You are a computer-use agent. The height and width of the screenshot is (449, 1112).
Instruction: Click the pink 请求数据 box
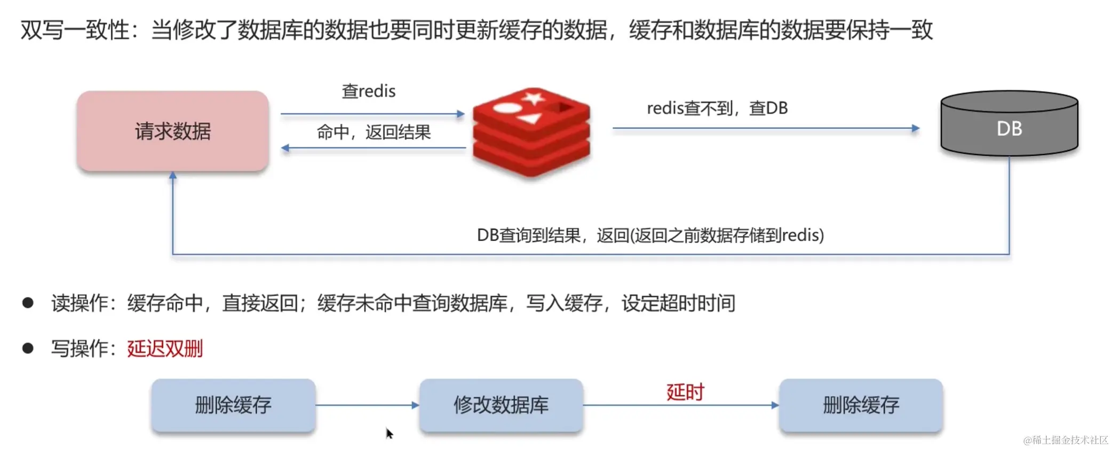click(172, 131)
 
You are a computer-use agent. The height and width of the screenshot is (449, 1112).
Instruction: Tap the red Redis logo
click(531, 131)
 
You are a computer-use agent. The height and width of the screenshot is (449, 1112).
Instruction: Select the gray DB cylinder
click(1009, 125)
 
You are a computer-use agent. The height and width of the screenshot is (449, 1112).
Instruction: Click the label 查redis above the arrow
click(369, 91)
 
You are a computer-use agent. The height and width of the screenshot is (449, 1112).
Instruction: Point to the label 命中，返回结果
click(374, 132)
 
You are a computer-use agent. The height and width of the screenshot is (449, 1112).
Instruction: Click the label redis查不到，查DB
click(717, 108)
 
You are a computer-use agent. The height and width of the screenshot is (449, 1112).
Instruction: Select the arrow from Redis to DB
click(765, 128)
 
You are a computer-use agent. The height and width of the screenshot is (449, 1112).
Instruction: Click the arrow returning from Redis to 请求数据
click(374, 148)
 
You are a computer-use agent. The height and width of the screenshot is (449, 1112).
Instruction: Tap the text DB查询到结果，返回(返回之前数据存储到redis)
click(650, 235)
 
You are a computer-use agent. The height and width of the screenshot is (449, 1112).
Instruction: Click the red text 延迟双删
click(165, 349)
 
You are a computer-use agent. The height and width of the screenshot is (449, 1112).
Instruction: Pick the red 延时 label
click(685, 392)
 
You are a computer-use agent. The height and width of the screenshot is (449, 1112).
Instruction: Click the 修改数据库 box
click(501, 405)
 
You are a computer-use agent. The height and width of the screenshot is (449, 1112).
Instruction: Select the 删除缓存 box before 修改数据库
click(233, 405)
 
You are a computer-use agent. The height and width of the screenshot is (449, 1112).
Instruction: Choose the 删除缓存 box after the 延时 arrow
click(861, 405)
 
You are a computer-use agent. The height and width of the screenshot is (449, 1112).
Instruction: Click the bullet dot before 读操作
click(28, 303)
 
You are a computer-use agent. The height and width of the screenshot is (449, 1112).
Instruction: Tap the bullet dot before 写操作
click(28, 349)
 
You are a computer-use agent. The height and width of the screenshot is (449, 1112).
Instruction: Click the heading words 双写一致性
click(75, 30)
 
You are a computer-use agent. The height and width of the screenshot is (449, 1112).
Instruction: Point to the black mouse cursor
click(389, 433)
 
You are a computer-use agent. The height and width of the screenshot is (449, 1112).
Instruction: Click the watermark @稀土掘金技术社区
click(1066, 440)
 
